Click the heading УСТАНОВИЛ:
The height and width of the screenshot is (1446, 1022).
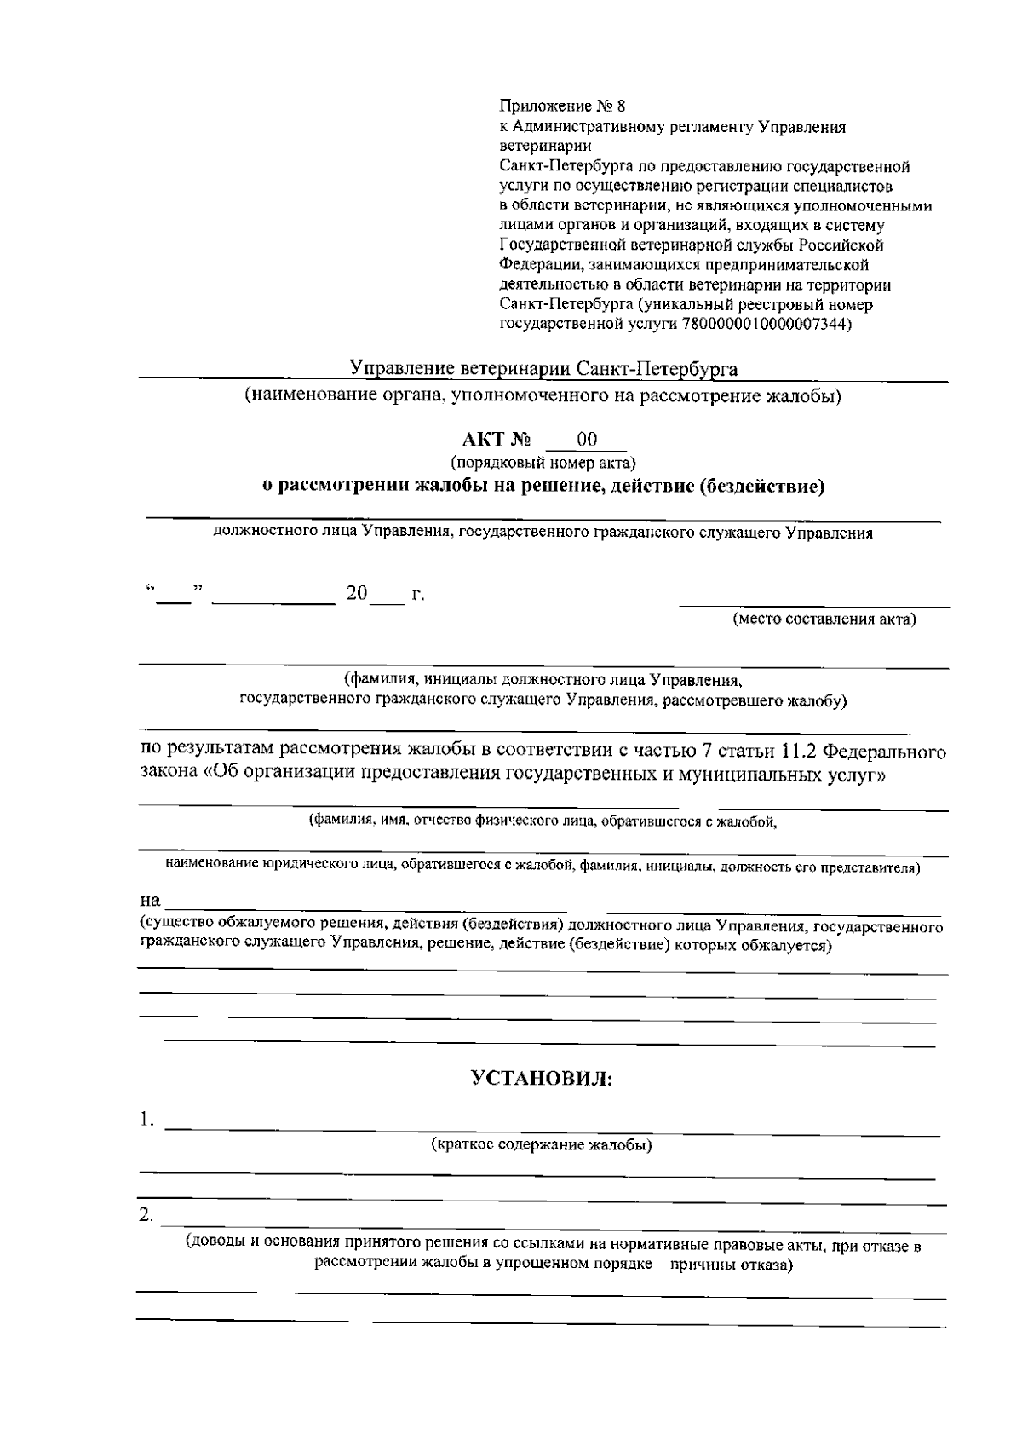[543, 1079]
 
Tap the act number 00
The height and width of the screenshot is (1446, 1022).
[587, 440]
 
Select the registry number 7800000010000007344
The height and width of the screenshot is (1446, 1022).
[765, 325]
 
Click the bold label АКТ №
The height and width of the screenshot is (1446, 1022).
[497, 441]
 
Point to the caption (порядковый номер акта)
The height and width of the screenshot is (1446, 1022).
[543, 464]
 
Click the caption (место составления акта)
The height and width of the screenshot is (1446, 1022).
[824, 619]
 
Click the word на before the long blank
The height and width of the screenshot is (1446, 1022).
[150, 900]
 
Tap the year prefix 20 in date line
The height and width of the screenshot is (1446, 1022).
[356, 594]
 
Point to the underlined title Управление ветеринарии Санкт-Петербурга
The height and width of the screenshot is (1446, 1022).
[543, 369]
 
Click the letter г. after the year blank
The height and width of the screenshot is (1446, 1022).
[417, 594]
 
